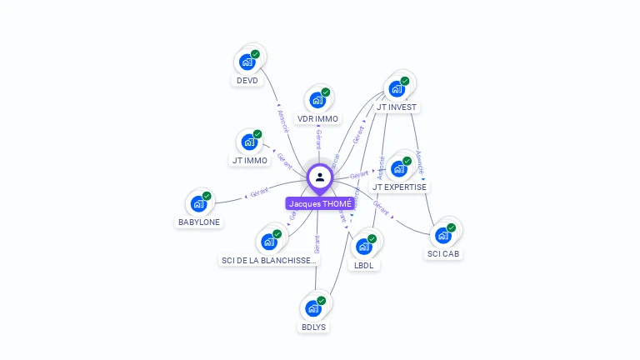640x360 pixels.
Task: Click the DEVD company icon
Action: click(x=247, y=61)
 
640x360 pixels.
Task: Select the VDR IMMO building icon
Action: click(x=317, y=99)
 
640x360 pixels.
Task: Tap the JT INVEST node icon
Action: click(x=397, y=87)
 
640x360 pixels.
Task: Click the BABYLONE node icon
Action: click(x=198, y=203)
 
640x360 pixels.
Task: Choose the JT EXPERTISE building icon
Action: click(x=399, y=168)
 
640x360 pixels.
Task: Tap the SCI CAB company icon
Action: click(x=443, y=235)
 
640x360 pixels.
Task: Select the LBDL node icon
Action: click(x=364, y=246)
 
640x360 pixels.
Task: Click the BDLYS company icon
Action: click(x=313, y=308)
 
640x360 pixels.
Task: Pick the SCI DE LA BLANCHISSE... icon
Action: click(x=269, y=242)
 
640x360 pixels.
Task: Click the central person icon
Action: click(x=320, y=177)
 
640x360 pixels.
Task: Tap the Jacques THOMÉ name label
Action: click(x=320, y=203)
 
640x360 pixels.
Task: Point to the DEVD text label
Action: click(x=247, y=81)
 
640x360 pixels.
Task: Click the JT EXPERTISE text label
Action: click(x=399, y=187)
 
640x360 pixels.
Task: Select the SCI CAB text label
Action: click(x=443, y=253)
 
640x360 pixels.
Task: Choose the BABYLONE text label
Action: click(x=199, y=222)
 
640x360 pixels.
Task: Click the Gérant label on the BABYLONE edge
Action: click(x=259, y=194)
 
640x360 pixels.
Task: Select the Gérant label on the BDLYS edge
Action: click(x=317, y=243)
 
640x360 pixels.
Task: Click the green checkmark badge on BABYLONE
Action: click(x=207, y=196)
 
